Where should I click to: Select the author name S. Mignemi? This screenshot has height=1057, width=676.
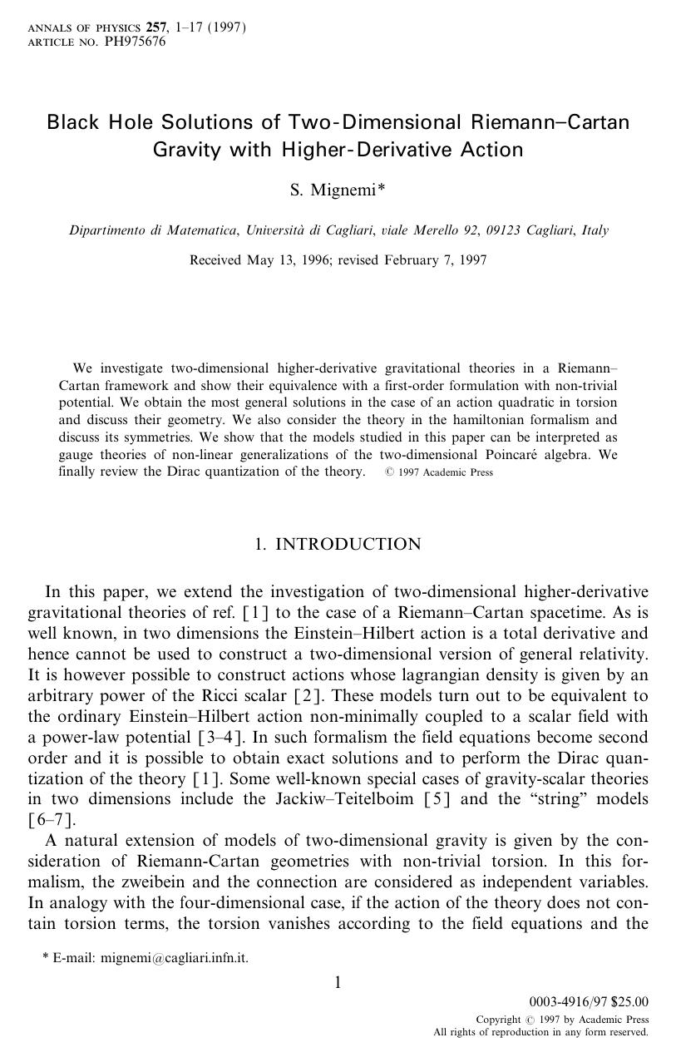[x=333, y=190]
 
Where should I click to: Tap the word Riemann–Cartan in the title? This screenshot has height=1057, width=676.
[x=550, y=122]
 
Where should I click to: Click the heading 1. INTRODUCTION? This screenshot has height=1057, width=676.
[x=338, y=544]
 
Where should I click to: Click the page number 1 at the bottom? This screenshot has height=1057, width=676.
[x=338, y=984]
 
